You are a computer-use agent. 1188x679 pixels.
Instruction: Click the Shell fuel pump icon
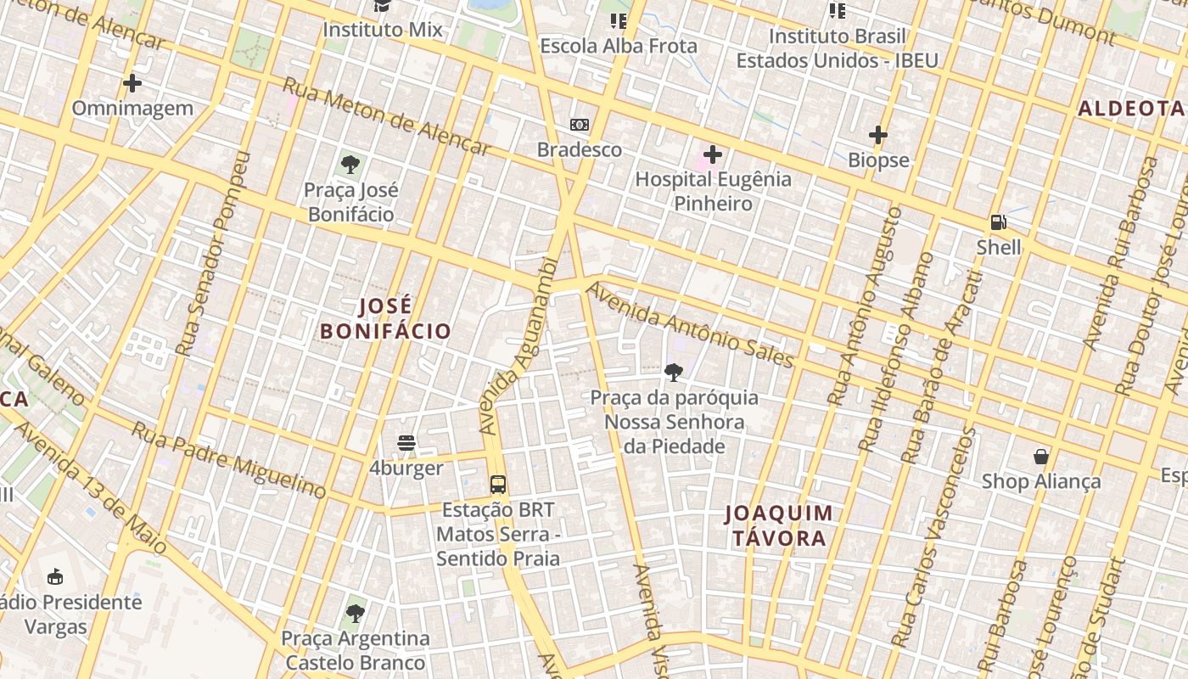pyautogui.click(x=999, y=222)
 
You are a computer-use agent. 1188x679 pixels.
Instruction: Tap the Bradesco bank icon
pyautogui.click(x=580, y=125)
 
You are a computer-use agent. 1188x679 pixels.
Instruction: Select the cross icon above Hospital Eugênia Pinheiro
pyautogui.click(x=713, y=154)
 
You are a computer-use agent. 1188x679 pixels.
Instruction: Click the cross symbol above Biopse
pyautogui.click(x=878, y=135)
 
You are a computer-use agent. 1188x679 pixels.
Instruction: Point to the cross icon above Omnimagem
pyautogui.click(x=132, y=83)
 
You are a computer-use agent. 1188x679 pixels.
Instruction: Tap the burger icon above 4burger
pyautogui.click(x=406, y=443)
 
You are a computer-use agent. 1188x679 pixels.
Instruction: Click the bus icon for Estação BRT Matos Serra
pyautogui.click(x=498, y=485)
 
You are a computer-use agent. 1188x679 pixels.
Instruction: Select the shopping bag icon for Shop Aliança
pyautogui.click(x=1041, y=457)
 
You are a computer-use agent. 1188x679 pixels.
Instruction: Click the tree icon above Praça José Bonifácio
pyautogui.click(x=350, y=165)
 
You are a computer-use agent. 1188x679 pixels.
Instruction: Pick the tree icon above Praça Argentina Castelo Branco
pyautogui.click(x=355, y=613)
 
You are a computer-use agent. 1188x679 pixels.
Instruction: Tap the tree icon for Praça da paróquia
pyautogui.click(x=674, y=372)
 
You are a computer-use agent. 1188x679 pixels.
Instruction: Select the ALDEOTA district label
pyautogui.click(x=1130, y=109)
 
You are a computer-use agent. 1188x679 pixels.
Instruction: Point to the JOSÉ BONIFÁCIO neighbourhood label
pyautogui.click(x=385, y=318)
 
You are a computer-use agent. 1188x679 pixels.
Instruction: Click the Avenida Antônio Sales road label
pyautogui.click(x=690, y=326)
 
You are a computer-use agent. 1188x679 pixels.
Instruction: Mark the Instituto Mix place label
pyautogui.click(x=383, y=30)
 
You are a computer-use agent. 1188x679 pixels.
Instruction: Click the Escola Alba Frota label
pyautogui.click(x=619, y=46)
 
